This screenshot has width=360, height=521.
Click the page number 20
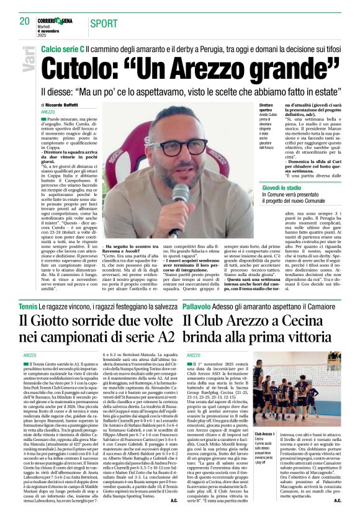(x=24, y=21)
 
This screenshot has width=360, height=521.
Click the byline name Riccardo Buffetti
(x=63, y=105)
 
